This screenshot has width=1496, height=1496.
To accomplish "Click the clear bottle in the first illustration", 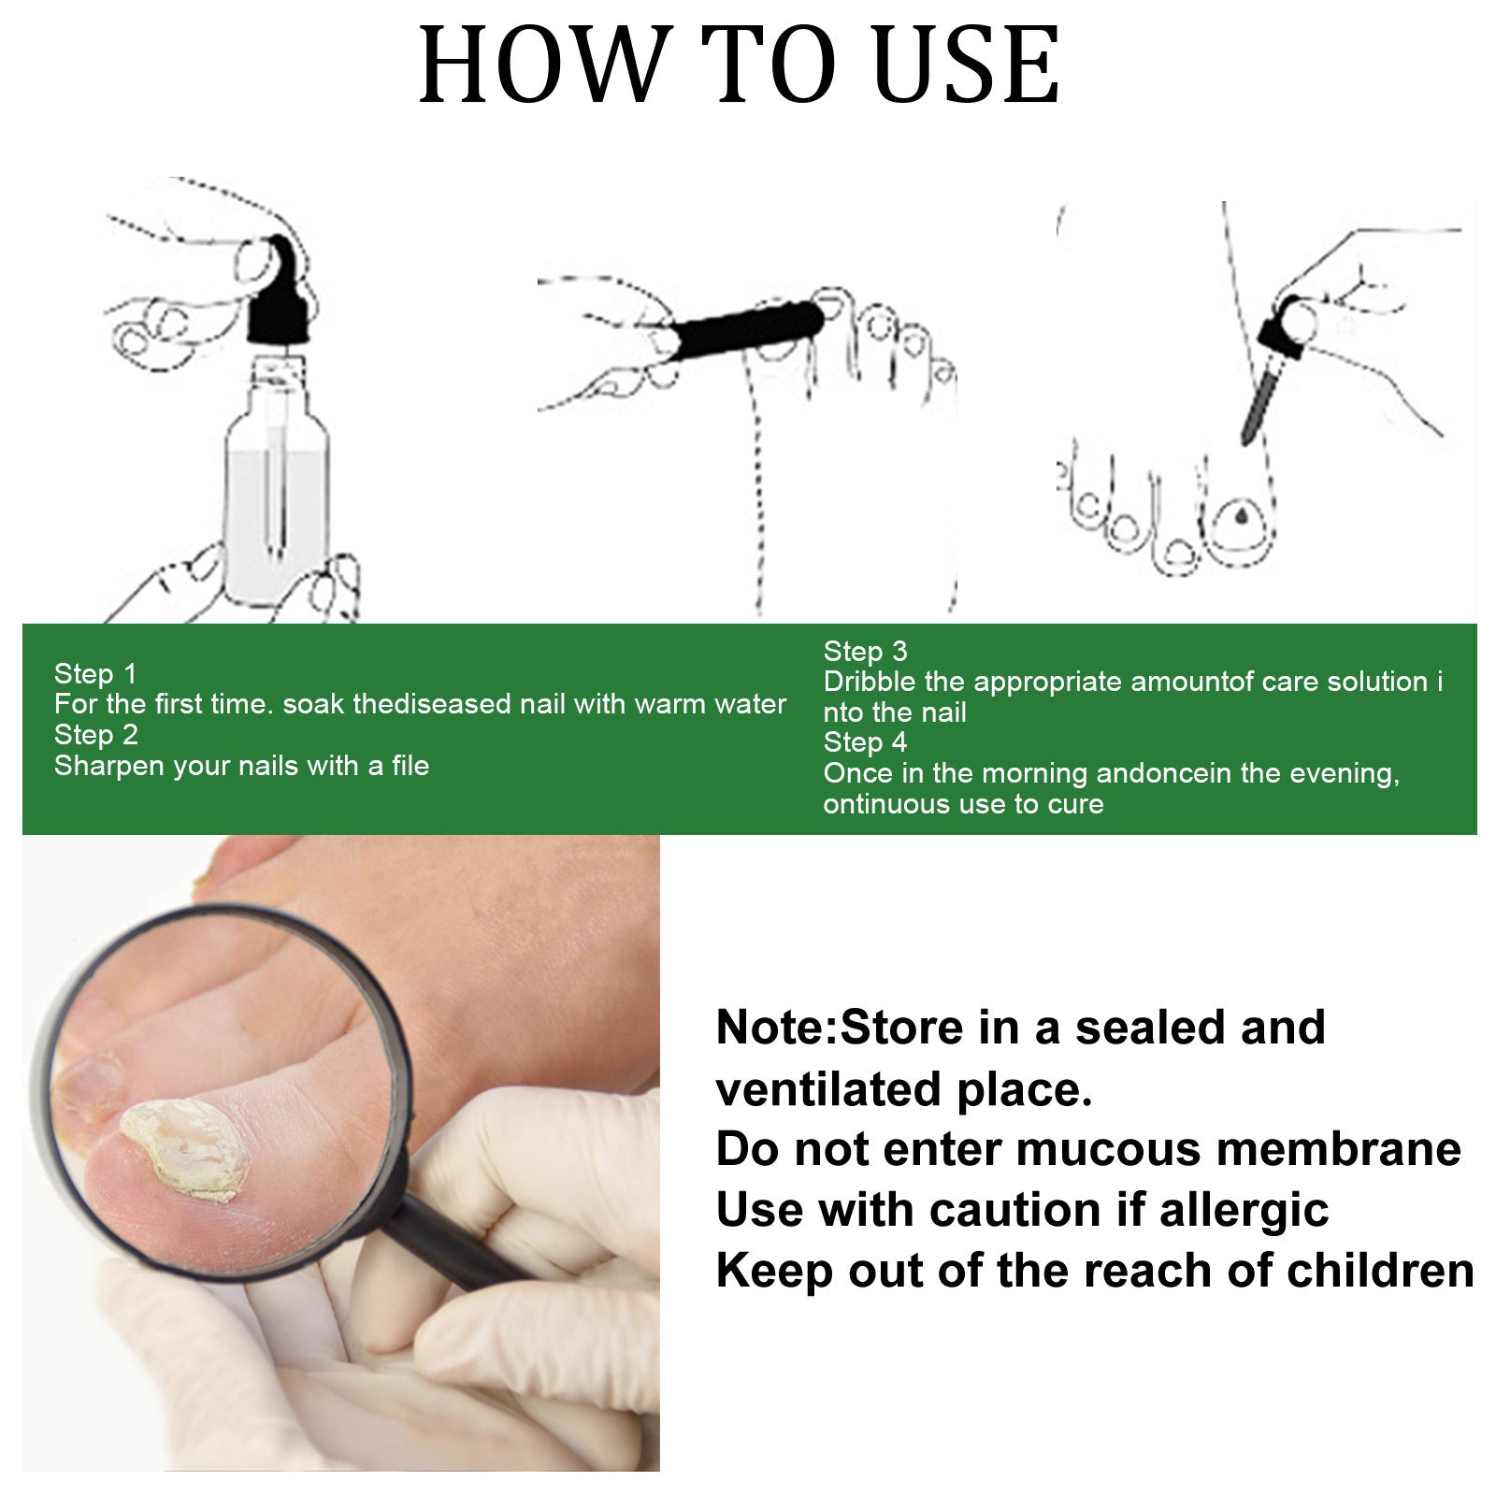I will [x=276, y=496].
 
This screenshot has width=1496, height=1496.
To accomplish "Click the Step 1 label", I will [x=95, y=673].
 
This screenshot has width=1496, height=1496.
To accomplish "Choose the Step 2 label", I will [x=95, y=735].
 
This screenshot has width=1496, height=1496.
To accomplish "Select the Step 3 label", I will [x=865, y=651].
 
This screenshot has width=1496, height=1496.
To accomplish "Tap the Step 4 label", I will [x=865, y=742].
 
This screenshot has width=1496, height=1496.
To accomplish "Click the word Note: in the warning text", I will [x=776, y=1028].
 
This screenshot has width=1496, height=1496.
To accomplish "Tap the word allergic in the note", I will [x=1244, y=1210].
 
